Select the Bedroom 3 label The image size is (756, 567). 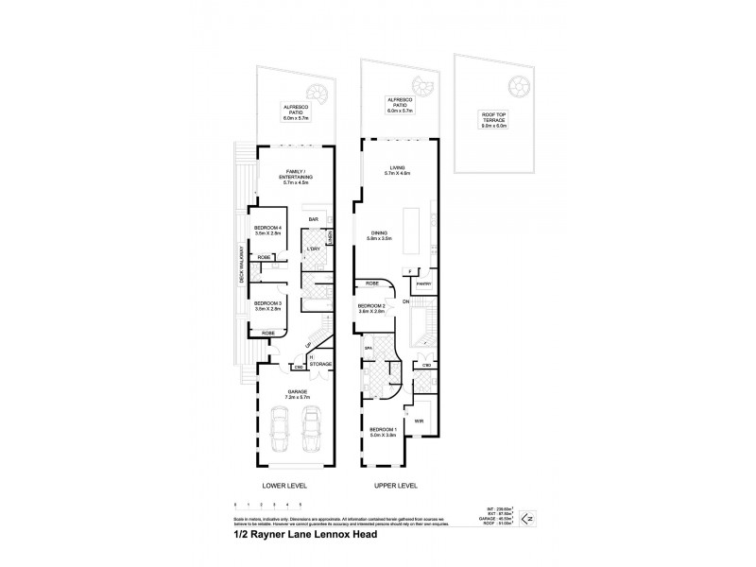(x=268, y=305)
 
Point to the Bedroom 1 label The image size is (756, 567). (x=382, y=431)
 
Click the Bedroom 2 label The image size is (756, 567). (x=370, y=308)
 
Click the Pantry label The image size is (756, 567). (x=425, y=283)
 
